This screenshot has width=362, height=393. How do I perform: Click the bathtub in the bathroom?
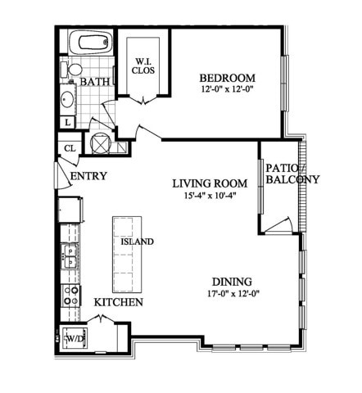(x=90, y=43)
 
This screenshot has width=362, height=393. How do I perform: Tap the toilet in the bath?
(x=71, y=70)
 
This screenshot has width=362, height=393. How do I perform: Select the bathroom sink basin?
(x=67, y=99)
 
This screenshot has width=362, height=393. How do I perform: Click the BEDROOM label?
(x=228, y=78)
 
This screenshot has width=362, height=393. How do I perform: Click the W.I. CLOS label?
(x=143, y=66)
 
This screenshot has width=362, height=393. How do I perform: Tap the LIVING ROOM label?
(x=210, y=183)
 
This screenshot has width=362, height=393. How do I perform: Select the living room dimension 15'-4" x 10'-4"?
(x=210, y=195)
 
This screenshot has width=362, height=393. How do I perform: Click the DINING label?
(x=232, y=282)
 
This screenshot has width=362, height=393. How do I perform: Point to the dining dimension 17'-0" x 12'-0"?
(x=233, y=294)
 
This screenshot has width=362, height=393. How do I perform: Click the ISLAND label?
(x=137, y=242)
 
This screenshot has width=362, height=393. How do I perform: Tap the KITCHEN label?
(x=119, y=302)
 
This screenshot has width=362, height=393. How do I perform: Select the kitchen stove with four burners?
(x=70, y=296)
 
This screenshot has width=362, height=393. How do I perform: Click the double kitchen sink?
(x=70, y=256)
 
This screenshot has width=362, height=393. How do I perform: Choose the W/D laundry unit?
(x=75, y=339)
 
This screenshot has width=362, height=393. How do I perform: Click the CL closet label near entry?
(x=70, y=148)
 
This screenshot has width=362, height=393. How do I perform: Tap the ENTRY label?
(x=88, y=176)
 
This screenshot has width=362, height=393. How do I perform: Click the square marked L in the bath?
(x=67, y=123)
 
